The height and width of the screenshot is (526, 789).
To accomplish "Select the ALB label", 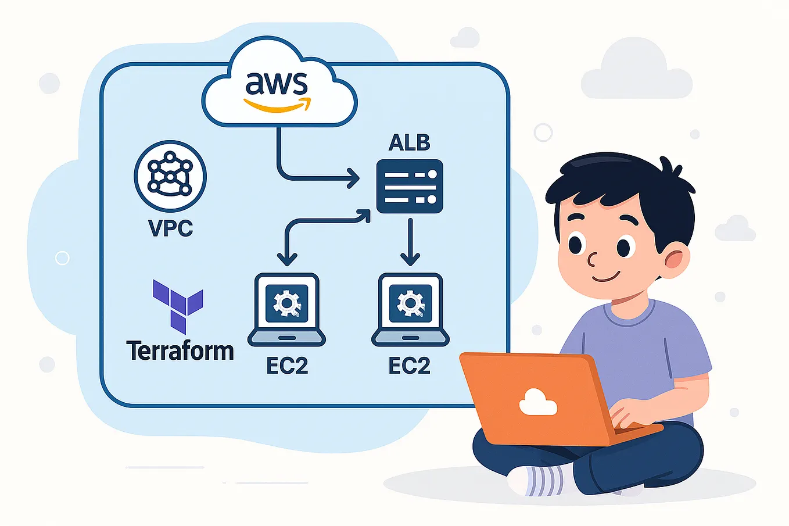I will [409, 142].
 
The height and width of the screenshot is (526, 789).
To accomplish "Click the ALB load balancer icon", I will [410, 187].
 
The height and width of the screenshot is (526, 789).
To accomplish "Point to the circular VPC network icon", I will [170, 176].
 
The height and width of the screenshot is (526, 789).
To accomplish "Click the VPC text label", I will [170, 228].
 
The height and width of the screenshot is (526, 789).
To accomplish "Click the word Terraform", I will [180, 351].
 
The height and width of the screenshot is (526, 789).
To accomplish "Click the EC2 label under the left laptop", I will [286, 366].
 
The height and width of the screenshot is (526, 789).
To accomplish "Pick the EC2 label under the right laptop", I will [409, 366].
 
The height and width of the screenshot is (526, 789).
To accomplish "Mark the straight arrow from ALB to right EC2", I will [410, 241].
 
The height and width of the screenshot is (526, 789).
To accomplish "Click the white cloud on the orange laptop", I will [537, 403].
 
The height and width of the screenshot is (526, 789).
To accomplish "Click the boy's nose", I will [592, 259].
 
